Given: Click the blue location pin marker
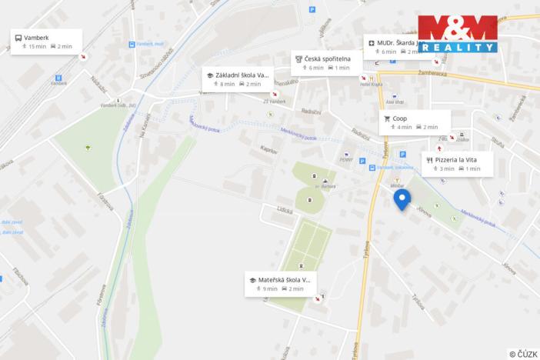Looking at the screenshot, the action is click(x=402, y=199).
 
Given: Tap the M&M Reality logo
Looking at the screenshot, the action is click(x=457, y=35).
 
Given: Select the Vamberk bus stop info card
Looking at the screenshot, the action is click(x=45, y=42).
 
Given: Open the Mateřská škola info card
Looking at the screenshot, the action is click(x=281, y=284).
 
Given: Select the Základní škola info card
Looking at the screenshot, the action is click(x=238, y=78).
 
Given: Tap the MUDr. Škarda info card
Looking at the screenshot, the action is click(x=392, y=46).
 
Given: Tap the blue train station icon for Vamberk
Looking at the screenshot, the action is click(x=58, y=78).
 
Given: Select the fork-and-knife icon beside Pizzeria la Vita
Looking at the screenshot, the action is click(x=428, y=159).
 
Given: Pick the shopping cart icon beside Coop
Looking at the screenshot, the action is click(x=386, y=118).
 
